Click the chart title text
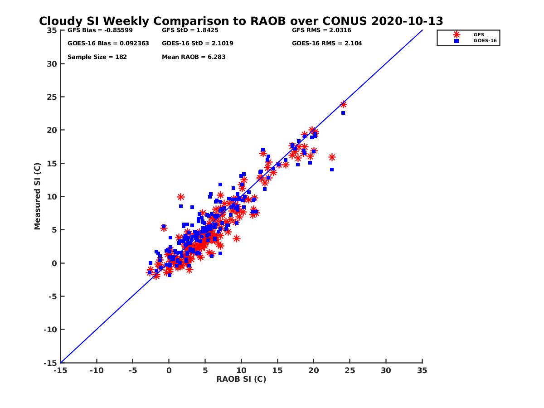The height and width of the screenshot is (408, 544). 241,21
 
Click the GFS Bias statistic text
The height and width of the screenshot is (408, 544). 101,31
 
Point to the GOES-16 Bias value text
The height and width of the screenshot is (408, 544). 108,44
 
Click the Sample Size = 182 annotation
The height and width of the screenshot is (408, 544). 97,57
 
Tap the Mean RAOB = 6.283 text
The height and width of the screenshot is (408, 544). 194,57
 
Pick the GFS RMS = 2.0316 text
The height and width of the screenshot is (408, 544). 321,31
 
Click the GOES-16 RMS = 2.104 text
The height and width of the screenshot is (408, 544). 327,44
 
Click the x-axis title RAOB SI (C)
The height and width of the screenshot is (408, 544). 241,379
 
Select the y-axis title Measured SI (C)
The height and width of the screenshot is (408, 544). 37,196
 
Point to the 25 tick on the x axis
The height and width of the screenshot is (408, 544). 350,370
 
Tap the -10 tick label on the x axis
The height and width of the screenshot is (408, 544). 96,370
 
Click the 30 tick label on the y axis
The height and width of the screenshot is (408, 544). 52,64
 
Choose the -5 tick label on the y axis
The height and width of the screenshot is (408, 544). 53,296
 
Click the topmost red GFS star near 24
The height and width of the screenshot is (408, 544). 343,104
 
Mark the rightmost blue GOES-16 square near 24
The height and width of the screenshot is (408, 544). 343,113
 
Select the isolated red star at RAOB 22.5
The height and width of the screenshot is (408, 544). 332,157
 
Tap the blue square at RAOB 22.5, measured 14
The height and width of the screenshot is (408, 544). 332,170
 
